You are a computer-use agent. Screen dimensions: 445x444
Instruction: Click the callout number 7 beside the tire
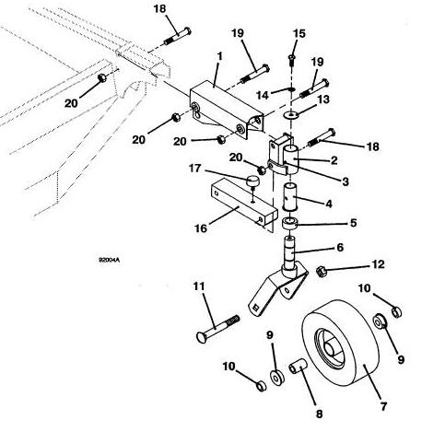(x=383, y=406)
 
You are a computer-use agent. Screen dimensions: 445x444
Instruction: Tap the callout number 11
(x=199, y=286)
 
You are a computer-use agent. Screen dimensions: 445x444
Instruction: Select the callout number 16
(x=201, y=228)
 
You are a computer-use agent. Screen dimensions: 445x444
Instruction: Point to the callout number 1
(x=219, y=56)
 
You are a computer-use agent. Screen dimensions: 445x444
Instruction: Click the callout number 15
(x=299, y=33)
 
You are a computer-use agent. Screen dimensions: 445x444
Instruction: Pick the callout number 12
(x=378, y=264)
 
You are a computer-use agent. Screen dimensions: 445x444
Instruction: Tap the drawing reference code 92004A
(x=109, y=260)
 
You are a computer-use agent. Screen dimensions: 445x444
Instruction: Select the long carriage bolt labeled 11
(x=217, y=328)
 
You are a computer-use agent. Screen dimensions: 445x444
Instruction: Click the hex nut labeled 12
(x=322, y=271)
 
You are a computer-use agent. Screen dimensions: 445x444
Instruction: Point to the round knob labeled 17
(x=252, y=181)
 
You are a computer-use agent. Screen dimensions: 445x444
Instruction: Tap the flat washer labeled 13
(x=290, y=115)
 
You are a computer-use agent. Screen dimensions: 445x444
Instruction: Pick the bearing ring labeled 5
(x=290, y=223)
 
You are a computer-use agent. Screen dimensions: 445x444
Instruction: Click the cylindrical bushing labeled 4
(x=290, y=197)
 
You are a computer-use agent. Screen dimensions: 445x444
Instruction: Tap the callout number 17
(x=195, y=169)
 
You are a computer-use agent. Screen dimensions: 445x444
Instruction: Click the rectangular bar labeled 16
(x=244, y=205)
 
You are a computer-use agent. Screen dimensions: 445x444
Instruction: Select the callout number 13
(x=323, y=99)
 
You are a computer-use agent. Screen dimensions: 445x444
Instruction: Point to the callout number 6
(x=340, y=247)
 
